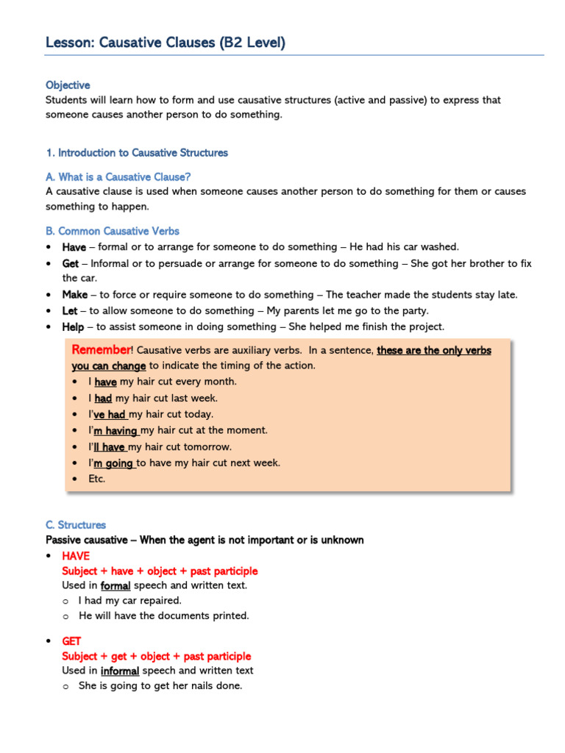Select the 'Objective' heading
pyautogui.click(x=68, y=85)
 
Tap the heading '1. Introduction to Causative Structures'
pyautogui.click(x=137, y=153)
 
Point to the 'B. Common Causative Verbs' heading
pyautogui.click(x=112, y=231)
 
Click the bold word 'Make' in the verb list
pyautogui.click(x=74, y=295)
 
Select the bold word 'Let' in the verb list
pyautogui.click(x=70, y=311)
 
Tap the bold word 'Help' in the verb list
pyautogui.click(x=73, y=327)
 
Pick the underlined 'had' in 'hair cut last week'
pyautogui.click(x=103, y=399)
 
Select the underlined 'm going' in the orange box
pyautogui.click(x=113, y=463)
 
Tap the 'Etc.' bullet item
pyautogui.click(x=96, y=479)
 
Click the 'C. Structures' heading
pyautogui.click(x=76, y=525)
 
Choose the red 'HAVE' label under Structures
pyautogui.click(x=76, y=556)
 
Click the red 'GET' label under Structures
pyautogui.click(x=72, y=641)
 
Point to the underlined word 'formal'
pyautogui.click(x=116, y=586)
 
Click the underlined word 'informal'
pyautogui.click(x=120, y=671)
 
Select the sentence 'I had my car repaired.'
pyautogui.click(x=130, y=601)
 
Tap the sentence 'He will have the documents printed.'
pyautogui.click(x=164, y=616)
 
